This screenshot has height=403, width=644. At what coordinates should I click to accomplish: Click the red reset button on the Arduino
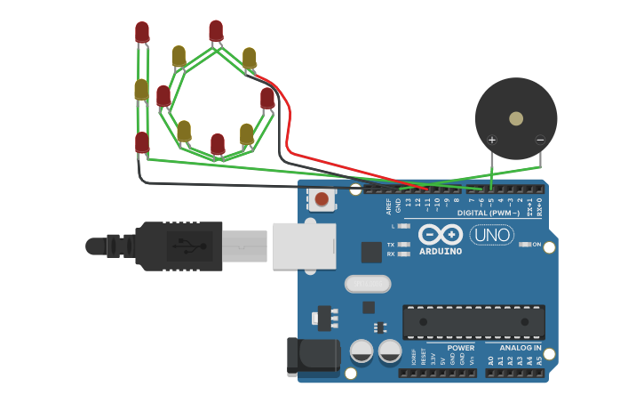pos(322,198)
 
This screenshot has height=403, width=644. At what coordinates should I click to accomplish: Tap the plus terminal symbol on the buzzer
pos(492,140)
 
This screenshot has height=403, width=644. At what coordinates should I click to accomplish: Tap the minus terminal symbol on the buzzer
pos(540,140)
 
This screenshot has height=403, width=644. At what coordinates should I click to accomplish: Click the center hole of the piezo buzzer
pos(515,117)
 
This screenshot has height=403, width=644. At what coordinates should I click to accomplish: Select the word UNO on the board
pos(492,235)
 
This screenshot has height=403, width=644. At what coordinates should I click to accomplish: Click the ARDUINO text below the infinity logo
pos(440,252)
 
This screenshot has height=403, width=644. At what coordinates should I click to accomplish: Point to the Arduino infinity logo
pos(440,236)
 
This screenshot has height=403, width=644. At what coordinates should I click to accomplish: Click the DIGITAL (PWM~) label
pos(488,213)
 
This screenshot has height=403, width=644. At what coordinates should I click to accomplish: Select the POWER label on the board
pos(460,348)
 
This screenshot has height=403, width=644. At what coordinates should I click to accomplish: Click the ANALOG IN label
pos(519,348)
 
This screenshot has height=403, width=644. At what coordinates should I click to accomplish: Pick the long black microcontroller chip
pos(473,322)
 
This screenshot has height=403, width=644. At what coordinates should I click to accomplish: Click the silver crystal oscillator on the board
pos(366,284)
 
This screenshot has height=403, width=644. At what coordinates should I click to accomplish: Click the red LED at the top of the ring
pos(216,31)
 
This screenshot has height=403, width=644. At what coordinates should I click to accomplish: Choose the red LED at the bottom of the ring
pos(218,143)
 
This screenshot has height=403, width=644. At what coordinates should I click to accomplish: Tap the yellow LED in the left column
pos(141,89)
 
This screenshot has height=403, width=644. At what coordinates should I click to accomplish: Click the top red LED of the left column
pos(142,32)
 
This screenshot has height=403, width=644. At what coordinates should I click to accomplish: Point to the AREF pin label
pos(388,206)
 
